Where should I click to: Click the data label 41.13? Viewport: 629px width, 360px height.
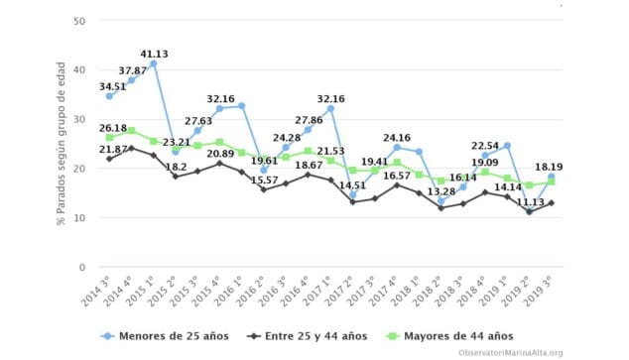click(155, 53)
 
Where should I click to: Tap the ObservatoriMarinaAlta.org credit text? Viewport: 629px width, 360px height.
click(510, 352)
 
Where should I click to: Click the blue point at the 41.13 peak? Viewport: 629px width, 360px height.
click(154, 63)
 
